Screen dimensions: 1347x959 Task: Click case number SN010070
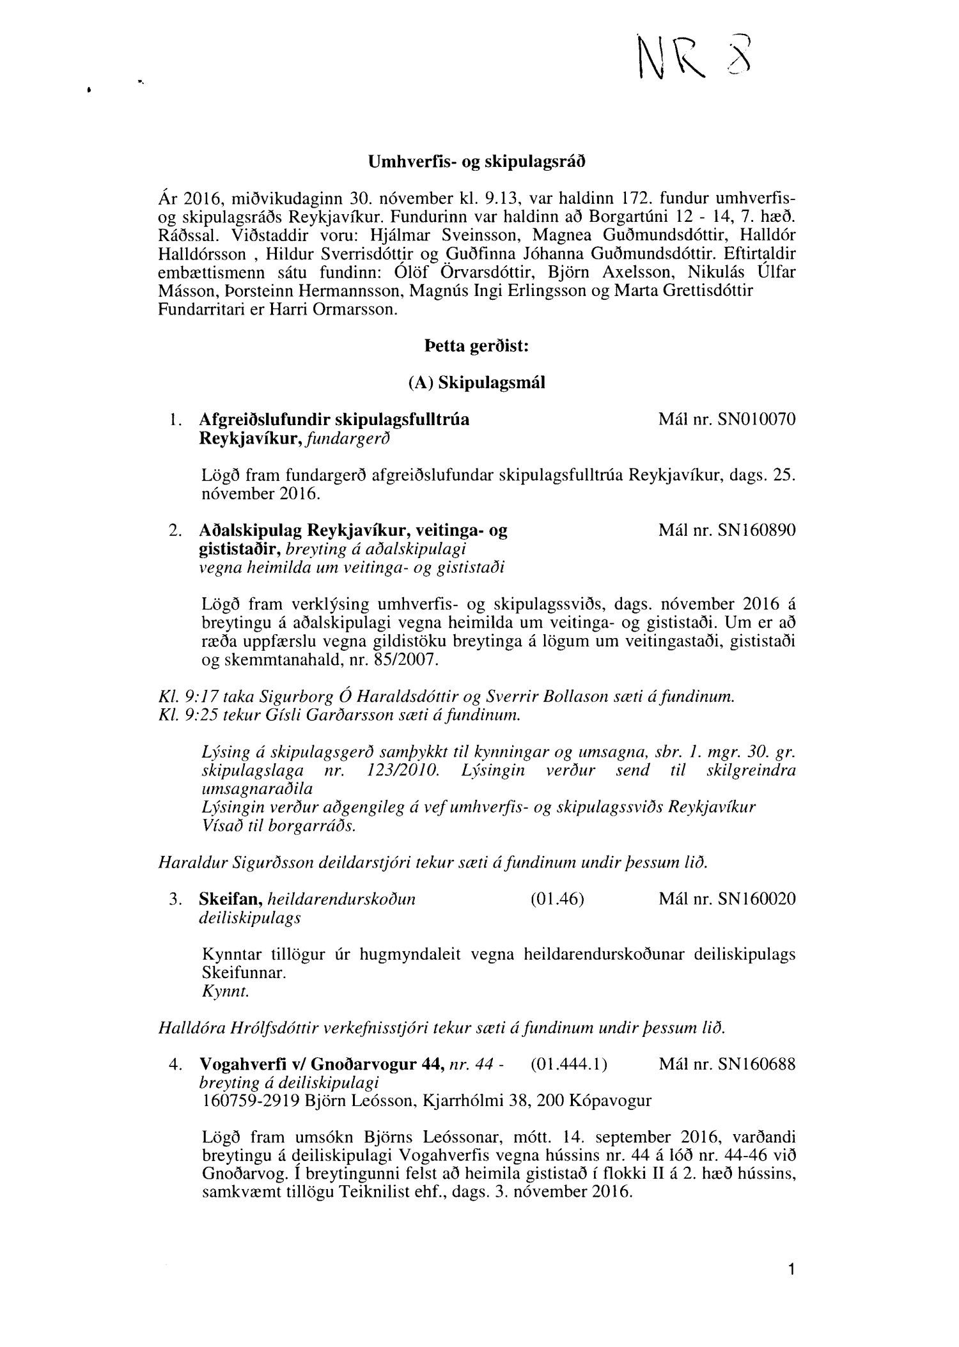tap(757, 420)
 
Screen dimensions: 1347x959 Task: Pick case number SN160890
tap(757, 531)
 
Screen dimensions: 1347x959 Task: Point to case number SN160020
tap(757, 899)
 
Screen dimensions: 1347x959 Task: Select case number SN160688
tap(757, 1064)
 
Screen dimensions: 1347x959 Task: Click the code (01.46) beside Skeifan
tap(557, 899)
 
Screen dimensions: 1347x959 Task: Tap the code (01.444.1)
tap(568, 1064)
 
